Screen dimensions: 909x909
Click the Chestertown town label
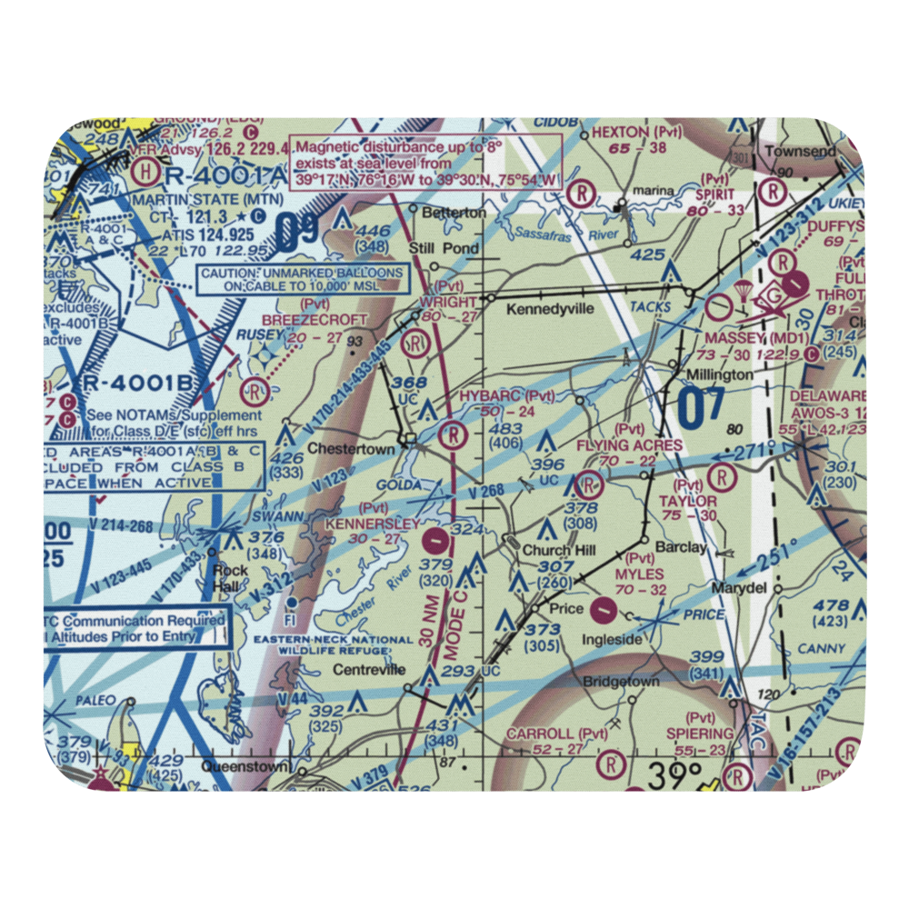351,449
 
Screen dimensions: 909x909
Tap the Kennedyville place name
550,309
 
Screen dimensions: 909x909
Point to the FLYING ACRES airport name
629,445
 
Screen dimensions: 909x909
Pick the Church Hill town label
559,550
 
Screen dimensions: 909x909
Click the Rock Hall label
225,579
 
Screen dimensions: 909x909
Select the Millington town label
719,375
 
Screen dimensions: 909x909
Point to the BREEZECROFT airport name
315,320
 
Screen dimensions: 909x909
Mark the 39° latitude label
675,775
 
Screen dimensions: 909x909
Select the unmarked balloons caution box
302,279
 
